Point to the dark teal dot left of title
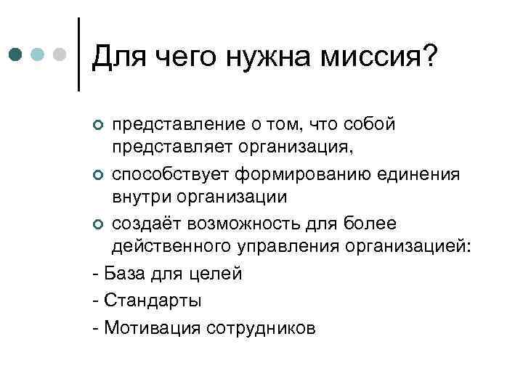(x=17, y=55)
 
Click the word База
(x=124, y=274)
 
